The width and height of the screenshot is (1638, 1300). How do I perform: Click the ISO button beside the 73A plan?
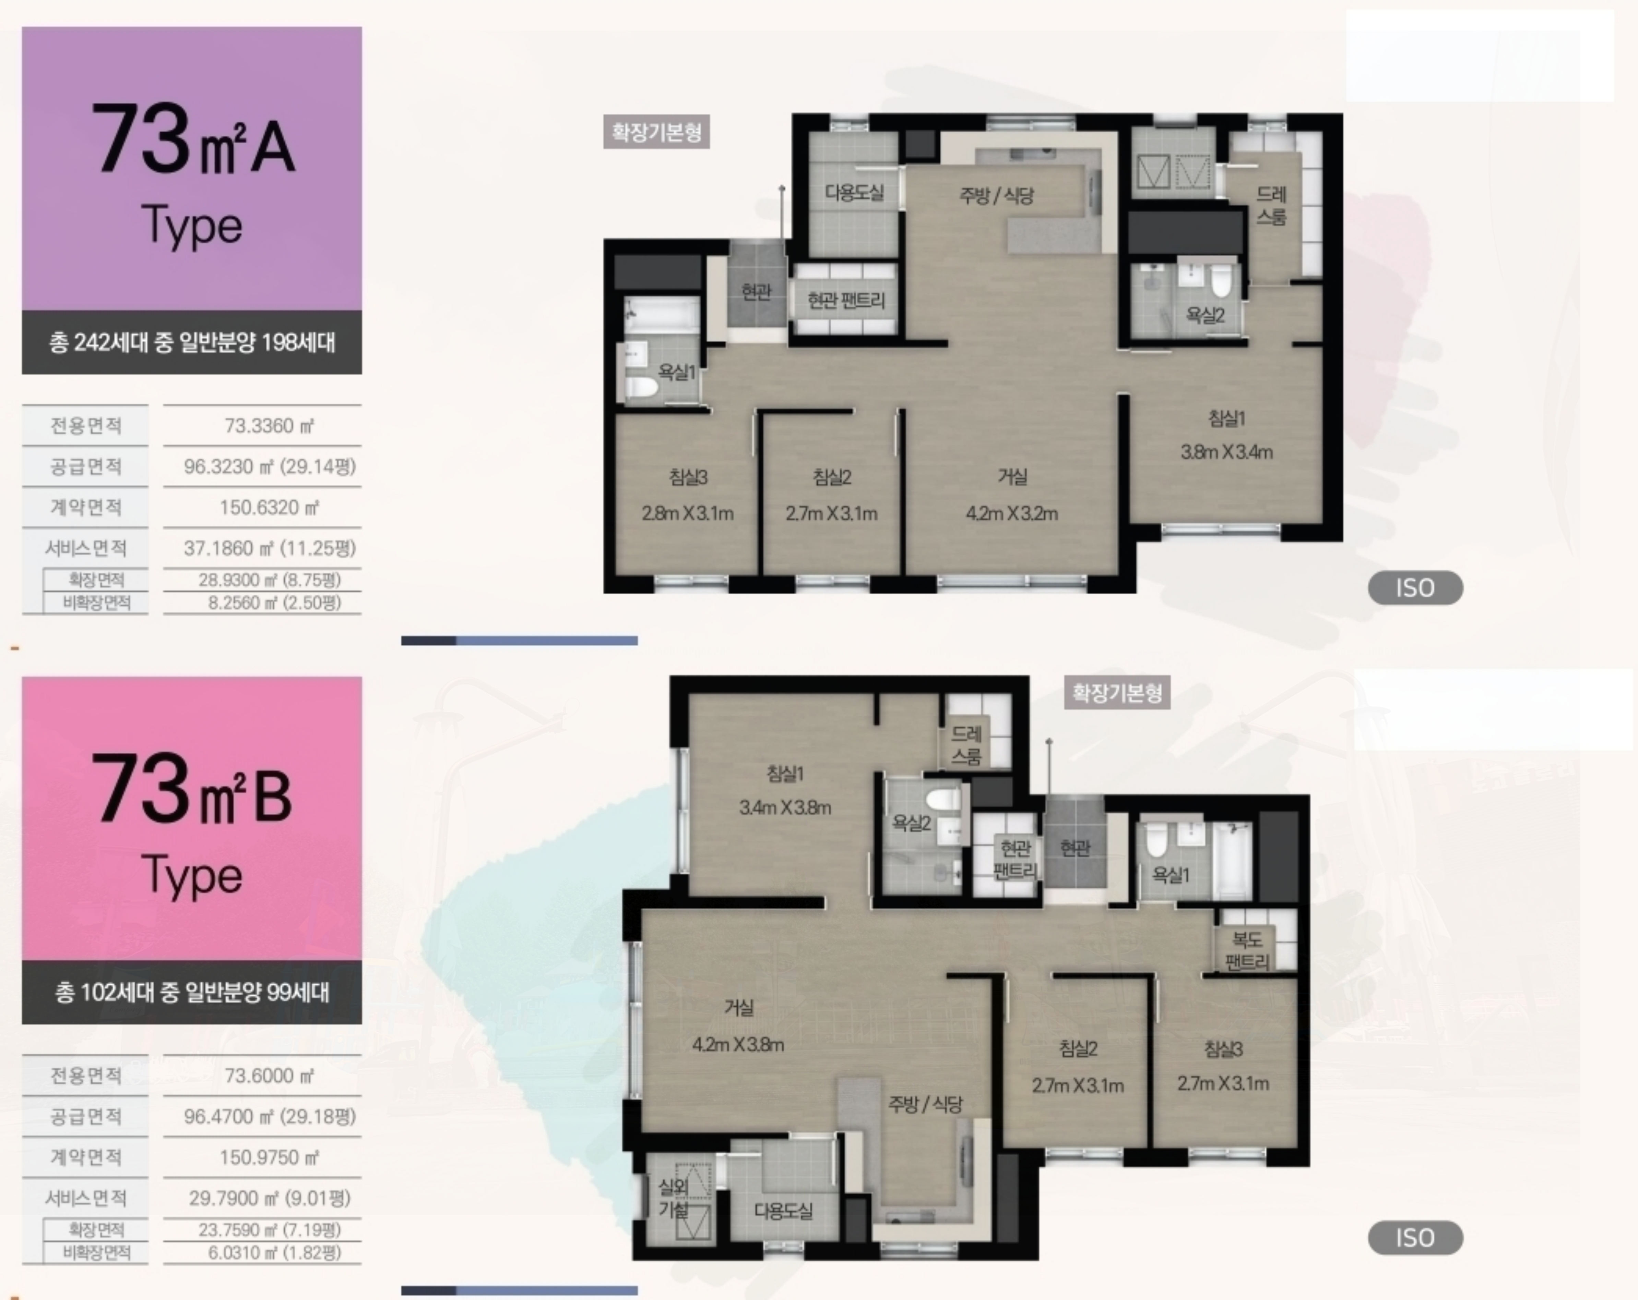coord(1415,588)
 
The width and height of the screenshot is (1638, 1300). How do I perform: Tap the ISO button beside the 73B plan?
coord(1415,1238)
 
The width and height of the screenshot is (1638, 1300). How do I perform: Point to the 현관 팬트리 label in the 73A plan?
coord(846,301)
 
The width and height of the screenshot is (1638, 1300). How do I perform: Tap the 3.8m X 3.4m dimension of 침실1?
coord(1226,452)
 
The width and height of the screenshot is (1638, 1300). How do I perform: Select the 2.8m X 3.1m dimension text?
coord(688,513)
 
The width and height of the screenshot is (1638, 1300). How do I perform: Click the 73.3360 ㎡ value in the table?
coord(269,426)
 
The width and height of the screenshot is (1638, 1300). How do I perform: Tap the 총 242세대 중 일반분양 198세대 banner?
coord(191,342)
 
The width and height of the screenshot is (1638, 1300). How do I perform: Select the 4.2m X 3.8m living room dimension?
coord(738,1045)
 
